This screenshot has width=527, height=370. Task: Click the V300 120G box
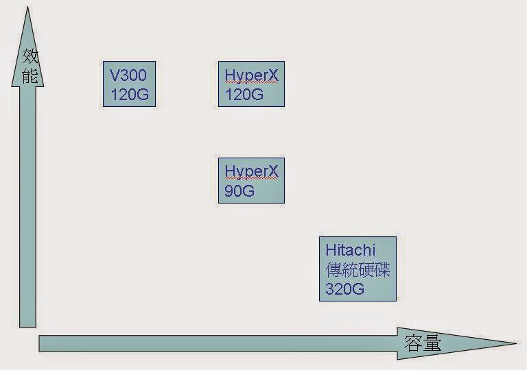pos(130,84)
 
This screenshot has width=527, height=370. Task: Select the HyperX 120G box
pos(251,84)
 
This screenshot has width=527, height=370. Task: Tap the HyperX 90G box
pos(251,181)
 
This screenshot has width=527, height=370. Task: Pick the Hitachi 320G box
pos(358,269)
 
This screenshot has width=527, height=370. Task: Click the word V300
pos(128,75)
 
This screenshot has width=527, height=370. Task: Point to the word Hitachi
pos(351,249)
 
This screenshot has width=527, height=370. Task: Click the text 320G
pos(345,288)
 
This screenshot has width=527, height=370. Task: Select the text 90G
pos(239,191)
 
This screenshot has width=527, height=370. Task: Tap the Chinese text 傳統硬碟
pos(358,269)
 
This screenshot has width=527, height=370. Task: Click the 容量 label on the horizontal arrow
pos(423,343)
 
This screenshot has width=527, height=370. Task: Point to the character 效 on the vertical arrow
pos(29,56)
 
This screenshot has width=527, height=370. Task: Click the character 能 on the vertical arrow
pos(29,75)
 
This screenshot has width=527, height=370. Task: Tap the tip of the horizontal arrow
pos(514,343)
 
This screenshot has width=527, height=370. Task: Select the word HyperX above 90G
pos(251,171)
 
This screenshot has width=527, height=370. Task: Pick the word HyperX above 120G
pos(251,75)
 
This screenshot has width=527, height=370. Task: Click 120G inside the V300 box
pos(129,95)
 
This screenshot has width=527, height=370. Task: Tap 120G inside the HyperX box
pos(244,95)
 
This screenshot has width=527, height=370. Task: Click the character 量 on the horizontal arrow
pos(432,343)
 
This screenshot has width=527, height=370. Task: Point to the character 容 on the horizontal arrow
pos(413,343)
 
